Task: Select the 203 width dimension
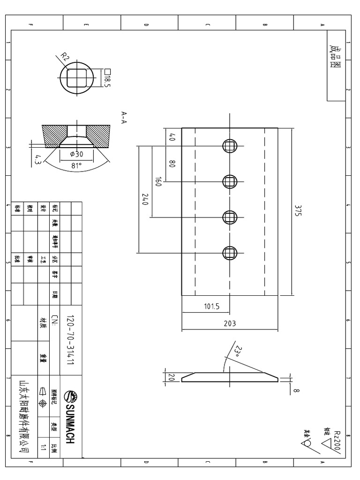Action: click(x=230, y=323)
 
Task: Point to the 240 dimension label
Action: click(x=145, y=200)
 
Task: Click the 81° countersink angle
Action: click(x=76, y=165)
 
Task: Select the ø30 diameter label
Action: click(x=76, y=154)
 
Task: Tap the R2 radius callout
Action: click(x=65, y=58)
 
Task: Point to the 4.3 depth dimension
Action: click(x=38, y=159)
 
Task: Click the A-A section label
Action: click(x=124, y=117)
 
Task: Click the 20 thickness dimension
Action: click(x=171, y=377)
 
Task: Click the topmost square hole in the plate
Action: click(x=229, y=146)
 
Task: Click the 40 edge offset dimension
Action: click(x=172, y=138)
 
